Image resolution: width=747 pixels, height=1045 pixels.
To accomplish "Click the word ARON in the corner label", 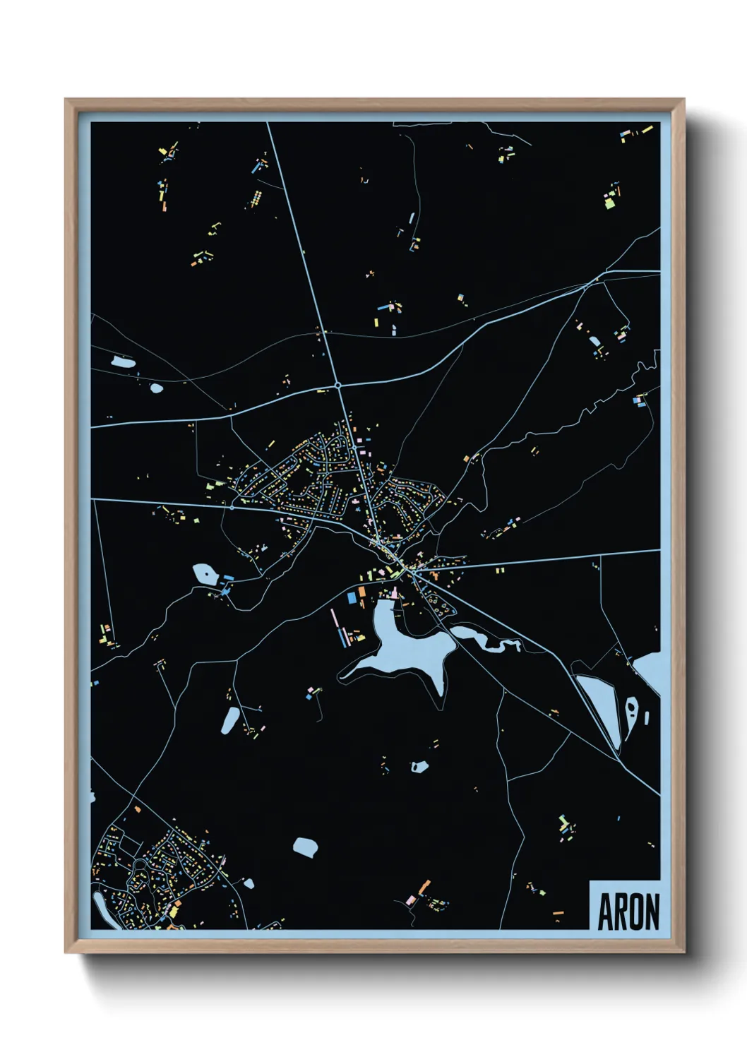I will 628,912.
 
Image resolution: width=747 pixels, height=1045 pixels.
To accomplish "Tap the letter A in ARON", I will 605,912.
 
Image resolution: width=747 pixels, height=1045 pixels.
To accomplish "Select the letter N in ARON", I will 652,912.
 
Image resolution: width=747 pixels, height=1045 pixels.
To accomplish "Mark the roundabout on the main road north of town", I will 338,386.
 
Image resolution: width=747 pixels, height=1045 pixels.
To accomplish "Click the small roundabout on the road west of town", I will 232,507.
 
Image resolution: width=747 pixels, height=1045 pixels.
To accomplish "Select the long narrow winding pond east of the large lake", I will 487,640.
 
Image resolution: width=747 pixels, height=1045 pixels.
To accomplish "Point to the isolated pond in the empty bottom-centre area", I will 306,847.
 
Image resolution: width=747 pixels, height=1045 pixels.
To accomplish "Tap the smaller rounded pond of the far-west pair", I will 156,388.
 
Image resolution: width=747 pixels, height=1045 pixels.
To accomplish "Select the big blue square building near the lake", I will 352,599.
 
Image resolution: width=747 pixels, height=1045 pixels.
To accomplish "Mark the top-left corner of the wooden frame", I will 66,100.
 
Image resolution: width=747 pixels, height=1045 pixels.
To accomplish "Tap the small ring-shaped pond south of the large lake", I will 419,766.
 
